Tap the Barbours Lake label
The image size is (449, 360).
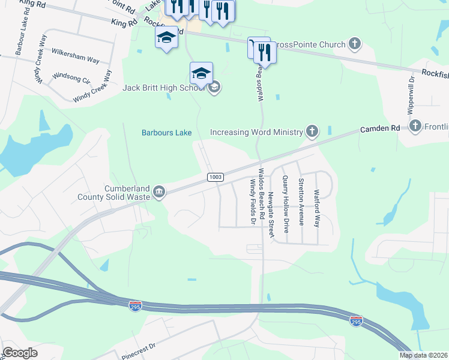coord(166,133)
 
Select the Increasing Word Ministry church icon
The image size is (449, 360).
coord(311,131)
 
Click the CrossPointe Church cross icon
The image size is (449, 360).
coord(355,44)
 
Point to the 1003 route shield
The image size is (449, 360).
coord(216,177)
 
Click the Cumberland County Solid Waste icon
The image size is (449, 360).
coord(158,191)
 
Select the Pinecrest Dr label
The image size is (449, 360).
coord(139,347)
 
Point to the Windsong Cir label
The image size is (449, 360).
coord(71,77)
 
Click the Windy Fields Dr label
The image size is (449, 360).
coord(253,204)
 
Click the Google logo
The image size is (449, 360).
coord(20,353)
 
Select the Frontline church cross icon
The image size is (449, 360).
coord(415,126)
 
